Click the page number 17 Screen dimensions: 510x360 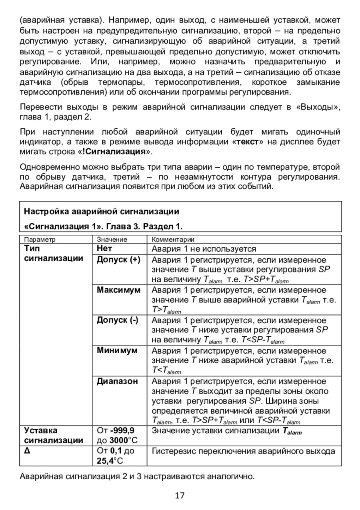pos(180,496)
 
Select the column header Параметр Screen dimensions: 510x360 pos(40,240)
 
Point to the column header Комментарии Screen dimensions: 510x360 pos(172,240)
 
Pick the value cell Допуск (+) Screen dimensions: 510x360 pos(118,260)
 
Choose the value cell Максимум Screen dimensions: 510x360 pos(118,290)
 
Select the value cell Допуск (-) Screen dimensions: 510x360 pos(117,320)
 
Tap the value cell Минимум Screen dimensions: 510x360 pos(117,351)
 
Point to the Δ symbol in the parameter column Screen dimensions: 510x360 pos(27,451)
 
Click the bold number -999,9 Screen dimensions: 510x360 pos(123,431)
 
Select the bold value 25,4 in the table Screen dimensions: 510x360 pos(105,461)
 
